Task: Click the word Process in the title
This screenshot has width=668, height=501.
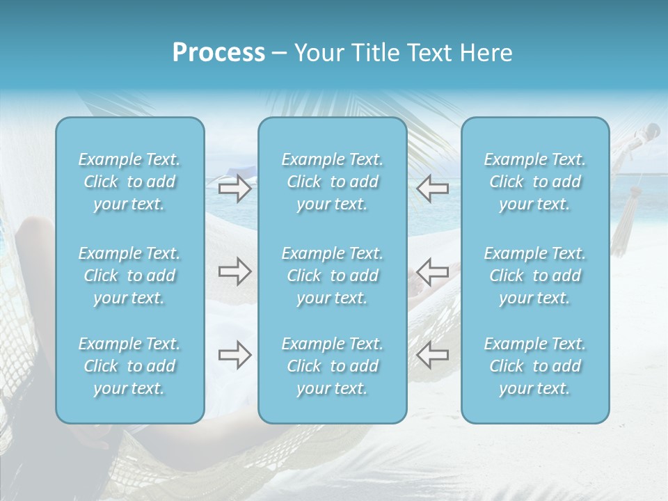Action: click(218, 53)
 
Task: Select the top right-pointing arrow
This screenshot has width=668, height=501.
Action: click(234, 188)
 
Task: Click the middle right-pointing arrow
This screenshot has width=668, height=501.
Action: click(234, 271)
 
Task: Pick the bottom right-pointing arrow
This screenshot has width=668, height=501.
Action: click(234, 355)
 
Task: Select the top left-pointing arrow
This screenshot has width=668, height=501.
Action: click(433, 188)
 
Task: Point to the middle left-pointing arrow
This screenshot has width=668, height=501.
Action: click(433, 271)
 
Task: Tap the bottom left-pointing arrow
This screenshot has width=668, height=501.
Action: click(433, 355)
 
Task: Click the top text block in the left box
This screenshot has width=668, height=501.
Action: click(129, 182)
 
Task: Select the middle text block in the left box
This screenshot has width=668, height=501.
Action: click(129, 276)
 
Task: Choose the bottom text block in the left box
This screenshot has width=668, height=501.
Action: click(129, 366)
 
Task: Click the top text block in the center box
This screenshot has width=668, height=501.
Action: click(333, 182)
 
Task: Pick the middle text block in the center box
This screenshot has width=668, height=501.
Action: click(333, 276)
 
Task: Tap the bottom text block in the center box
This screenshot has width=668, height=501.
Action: click(333, 366)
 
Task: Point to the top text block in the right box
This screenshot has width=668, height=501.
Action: click(535, 182)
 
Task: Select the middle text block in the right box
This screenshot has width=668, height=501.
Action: click(535, 276)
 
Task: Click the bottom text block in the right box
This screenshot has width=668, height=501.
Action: click(535, 366)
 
